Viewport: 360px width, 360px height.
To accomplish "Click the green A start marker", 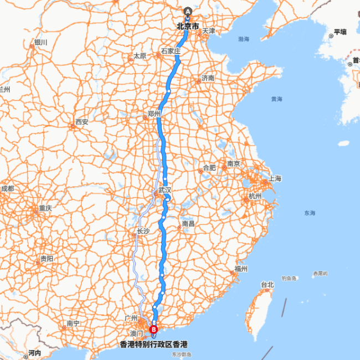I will (x=188, y=12).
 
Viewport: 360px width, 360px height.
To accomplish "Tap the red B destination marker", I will (x=153, y=329).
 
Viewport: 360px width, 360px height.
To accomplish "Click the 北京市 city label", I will (x=188, y=25).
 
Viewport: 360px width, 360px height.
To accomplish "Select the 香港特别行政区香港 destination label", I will (x=153, y=344).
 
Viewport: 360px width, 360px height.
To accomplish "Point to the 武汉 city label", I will (x=164, y=190).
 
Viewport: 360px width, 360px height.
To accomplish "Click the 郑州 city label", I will (x=154, y=114).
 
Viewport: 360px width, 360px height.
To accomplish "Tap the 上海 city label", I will (x=275, y=179).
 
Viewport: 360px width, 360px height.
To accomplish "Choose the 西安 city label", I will (x=82, y=122).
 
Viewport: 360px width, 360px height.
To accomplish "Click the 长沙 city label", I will (x=143, y=231).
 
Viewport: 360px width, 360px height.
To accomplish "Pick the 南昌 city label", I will (x=188, y=224).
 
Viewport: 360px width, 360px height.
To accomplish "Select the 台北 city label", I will (x=268, y=285).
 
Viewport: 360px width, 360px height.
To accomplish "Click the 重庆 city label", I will (x=45, y=208).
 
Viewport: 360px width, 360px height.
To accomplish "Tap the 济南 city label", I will (x=208, y=78).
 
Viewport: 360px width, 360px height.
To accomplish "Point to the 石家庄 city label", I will (x=171, y=51).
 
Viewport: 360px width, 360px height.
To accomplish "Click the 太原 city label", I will (x=139, y=56).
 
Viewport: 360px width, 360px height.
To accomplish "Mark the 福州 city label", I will (x=240, y=269).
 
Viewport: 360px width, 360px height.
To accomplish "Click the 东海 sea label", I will (x=309, y=213).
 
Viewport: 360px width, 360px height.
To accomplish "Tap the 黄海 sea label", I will (x=276, y=99).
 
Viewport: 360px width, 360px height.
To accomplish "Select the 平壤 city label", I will (x=340, y=32).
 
